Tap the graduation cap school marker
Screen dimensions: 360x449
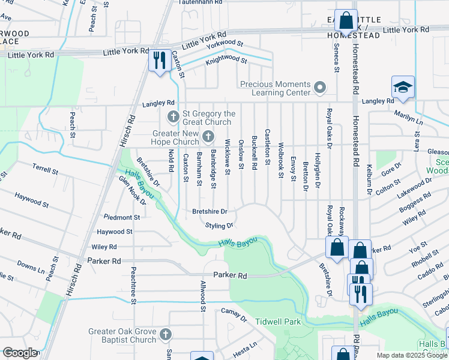tap(403, 87)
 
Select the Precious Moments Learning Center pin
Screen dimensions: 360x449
tap(320, 89)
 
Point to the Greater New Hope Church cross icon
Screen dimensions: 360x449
tap(208, 137)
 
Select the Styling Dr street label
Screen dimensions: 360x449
tap(219, 226)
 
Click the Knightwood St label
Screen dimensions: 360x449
tap(226, 60)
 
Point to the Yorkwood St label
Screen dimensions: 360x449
tap(224, 44)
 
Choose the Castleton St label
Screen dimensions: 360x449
tap(267, 146)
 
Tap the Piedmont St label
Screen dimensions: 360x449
tap(122, 217)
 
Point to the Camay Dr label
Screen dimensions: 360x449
tap(234, 311)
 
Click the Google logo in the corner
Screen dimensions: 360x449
tap(19, 353)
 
